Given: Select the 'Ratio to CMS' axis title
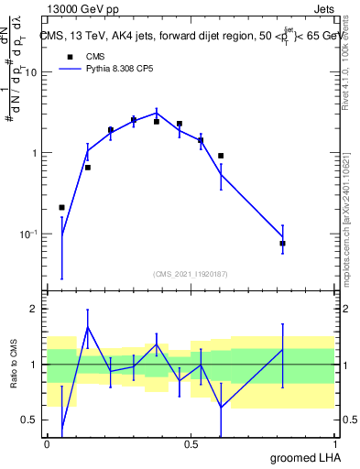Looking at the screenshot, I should (x=13, y=365).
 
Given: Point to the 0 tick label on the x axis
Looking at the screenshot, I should (x=47, y=443).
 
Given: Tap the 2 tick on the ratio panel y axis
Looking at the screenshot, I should (x=35, y=309).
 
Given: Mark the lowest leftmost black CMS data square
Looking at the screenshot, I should (x=61, y=208).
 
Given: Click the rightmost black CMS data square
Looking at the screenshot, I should (x=282, y=244).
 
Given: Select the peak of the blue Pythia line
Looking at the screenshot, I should (x=157, y=113).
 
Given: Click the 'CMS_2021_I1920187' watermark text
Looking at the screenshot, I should (x=190, y=274).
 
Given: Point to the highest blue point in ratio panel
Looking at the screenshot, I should (x=88, y=327).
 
